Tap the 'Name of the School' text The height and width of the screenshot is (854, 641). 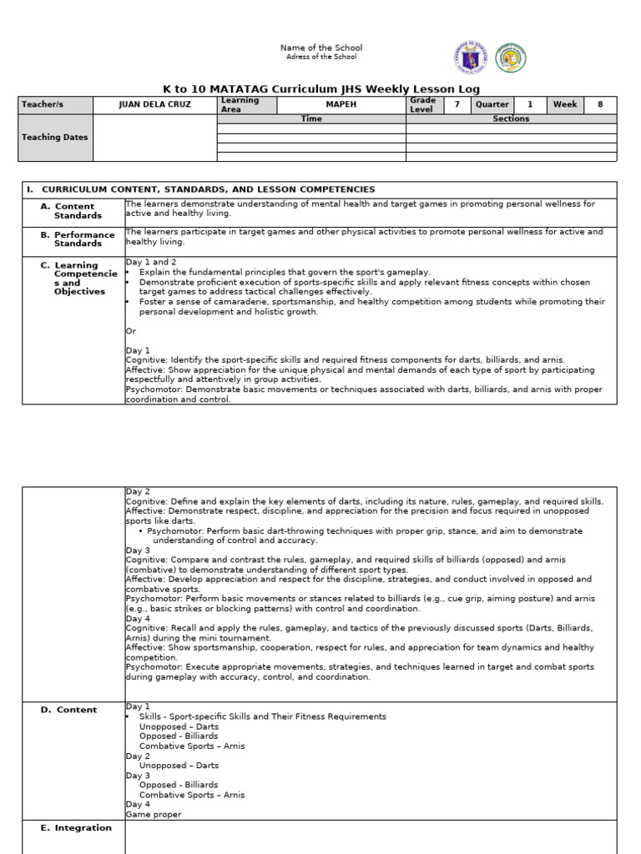(x=321, y=48)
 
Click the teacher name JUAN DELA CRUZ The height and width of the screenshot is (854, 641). (x=154, y=105)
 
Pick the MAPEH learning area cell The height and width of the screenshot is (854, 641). (x=341, y=105)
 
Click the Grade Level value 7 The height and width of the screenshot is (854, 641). (x=457, y=105)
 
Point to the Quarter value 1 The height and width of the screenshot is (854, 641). (x=528, y=105)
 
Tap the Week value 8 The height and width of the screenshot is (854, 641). (x=599, y=105)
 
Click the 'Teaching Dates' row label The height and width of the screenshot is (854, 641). (x=54, y=138)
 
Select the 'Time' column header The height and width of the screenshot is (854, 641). (x=311, y=119)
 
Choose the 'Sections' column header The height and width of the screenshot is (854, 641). (x=511, y=119)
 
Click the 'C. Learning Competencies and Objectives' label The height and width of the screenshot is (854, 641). (x=78, y=279)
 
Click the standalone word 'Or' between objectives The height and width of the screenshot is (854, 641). (x=131, y=331)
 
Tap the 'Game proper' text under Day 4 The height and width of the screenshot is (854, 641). (x=154, y=815)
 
